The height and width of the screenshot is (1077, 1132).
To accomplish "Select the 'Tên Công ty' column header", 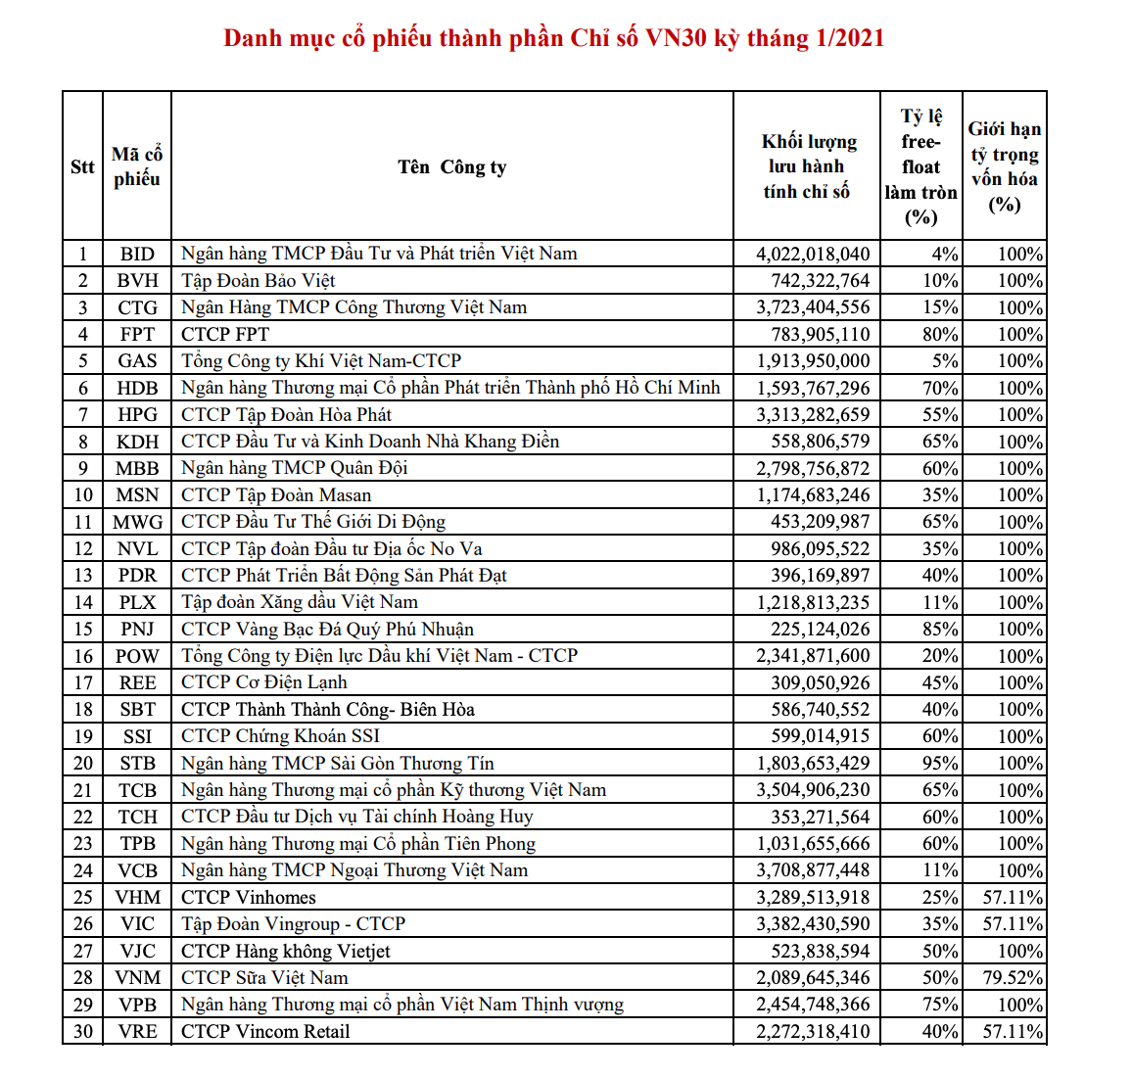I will [x=452, y=166].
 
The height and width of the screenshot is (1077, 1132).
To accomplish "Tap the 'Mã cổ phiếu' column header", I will [x=137, y=166].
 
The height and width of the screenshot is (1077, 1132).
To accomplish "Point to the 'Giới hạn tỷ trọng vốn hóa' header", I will [x=1005, y=166].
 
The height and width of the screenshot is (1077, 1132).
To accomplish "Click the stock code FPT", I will [x=137, y=334].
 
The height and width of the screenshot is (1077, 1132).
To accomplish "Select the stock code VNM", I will [x=137, y=977].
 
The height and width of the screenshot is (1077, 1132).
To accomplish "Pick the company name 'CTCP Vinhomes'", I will [x=249, y=897].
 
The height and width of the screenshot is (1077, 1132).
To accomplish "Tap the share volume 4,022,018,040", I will [x=813, y=254].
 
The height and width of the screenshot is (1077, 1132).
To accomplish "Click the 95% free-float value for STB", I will [x=940, y=763].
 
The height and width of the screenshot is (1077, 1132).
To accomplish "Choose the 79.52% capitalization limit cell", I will [x=1013, y=977].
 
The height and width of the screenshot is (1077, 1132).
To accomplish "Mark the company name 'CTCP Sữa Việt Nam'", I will [x=264, y=977].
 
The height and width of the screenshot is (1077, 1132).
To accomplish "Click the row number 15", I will [x=83, y=629].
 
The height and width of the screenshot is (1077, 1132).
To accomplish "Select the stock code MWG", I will [x=137, y=522].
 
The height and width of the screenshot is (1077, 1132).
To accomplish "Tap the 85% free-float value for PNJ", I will [x=940, y=629].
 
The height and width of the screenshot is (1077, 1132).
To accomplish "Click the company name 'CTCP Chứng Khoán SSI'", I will [x=280, y=735].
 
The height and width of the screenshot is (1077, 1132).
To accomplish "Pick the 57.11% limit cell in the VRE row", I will [x=1013, y=1031].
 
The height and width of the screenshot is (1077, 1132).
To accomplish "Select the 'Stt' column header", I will [x=82, y=166].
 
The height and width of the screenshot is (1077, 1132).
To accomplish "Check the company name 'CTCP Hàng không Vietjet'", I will [x=286, y=951].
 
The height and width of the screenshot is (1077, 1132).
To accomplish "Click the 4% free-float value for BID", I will [x=944, y=254].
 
